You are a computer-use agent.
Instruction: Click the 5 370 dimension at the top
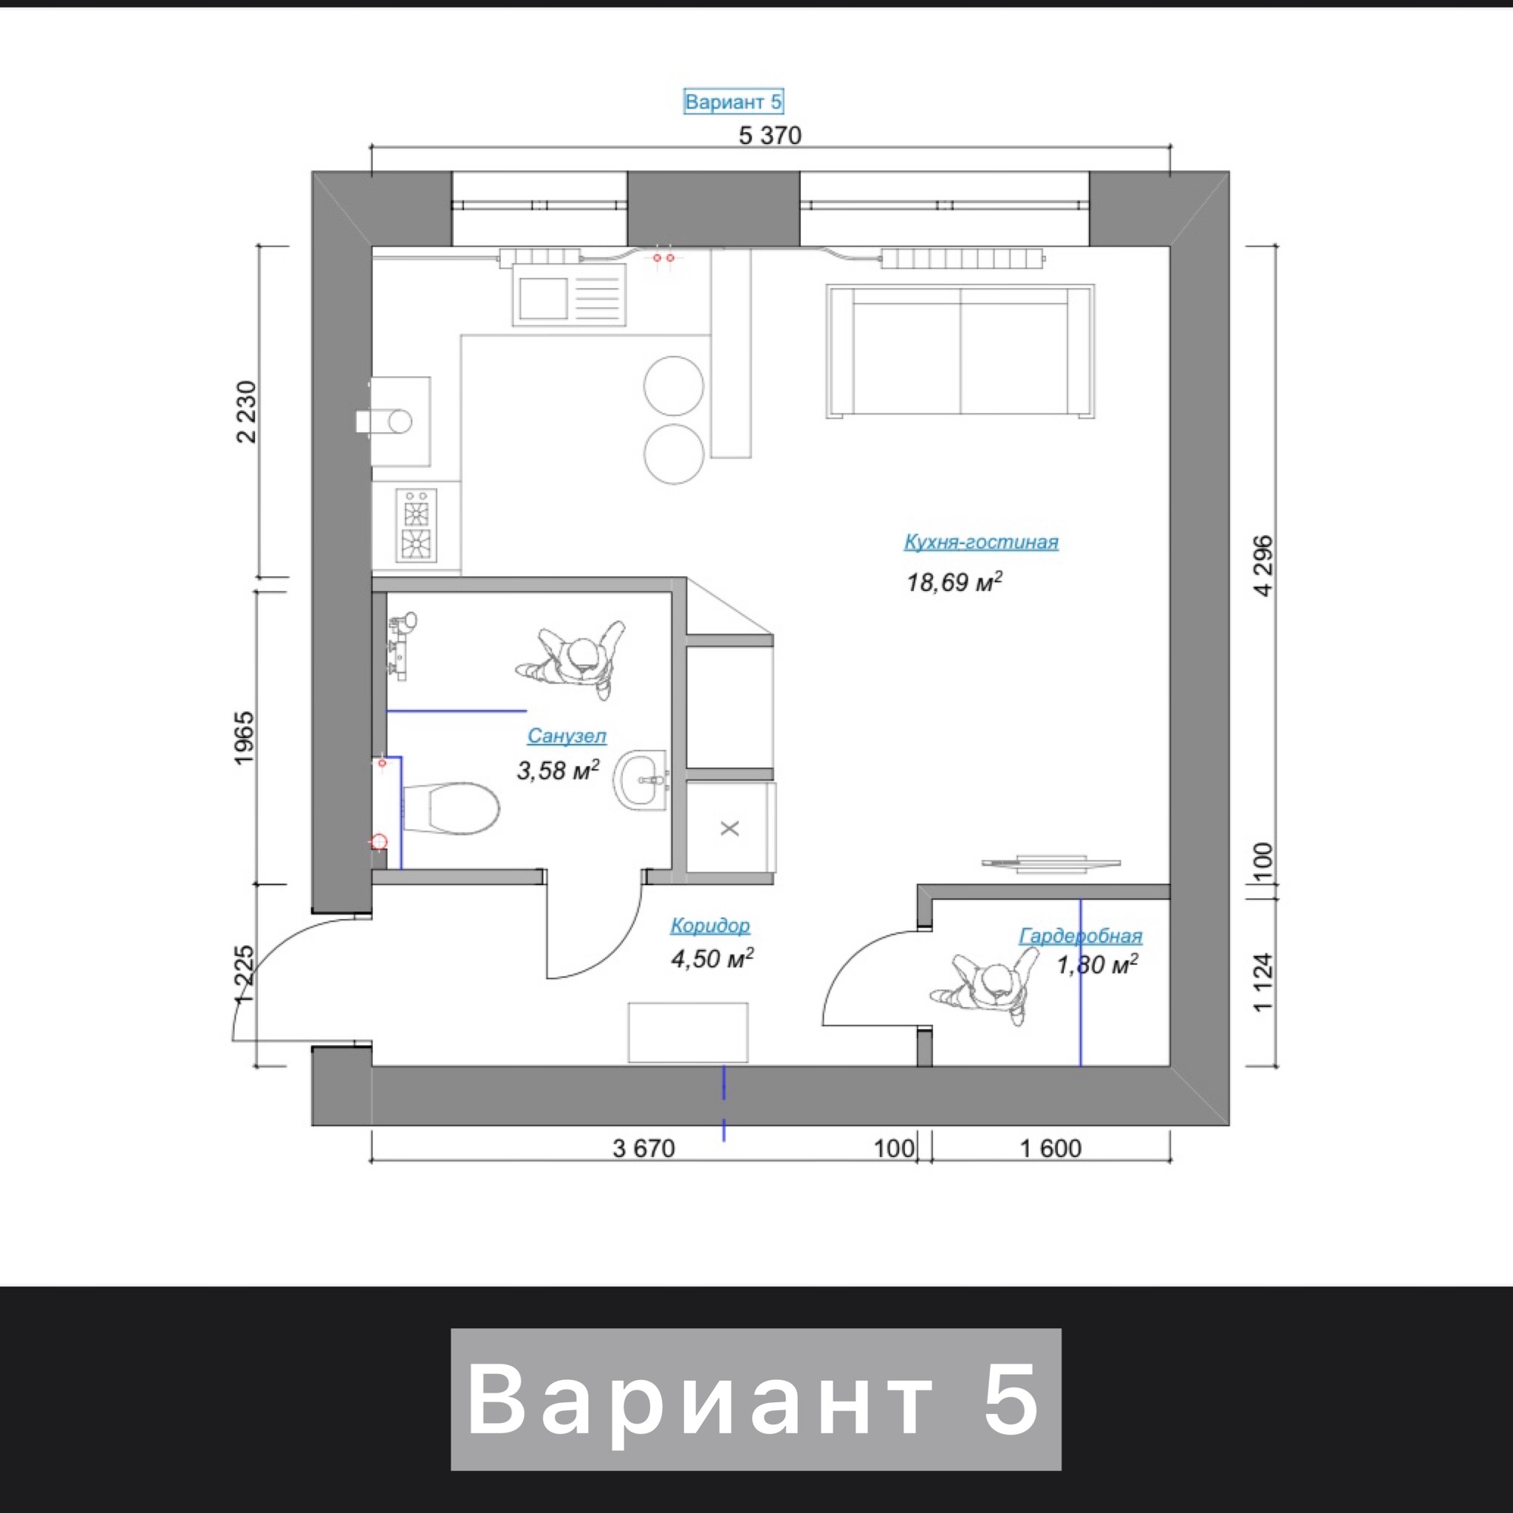click(770, 135)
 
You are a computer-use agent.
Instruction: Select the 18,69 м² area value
click(954, 582)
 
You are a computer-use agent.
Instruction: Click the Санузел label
click(567, 736)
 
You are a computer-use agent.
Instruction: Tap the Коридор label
click(710, 926)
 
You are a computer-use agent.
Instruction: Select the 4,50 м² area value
click(713, 958)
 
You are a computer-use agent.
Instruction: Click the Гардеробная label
click(1081, 936)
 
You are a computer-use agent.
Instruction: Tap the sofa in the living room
click(960, 351)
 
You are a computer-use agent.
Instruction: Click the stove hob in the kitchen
click(416, 526)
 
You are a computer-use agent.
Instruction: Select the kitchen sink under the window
click(570, 295)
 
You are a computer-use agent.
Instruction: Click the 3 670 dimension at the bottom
click(643, 1148)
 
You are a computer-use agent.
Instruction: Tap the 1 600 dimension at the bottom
click(1051, 1148)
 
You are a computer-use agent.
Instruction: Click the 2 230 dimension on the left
click(246, 412)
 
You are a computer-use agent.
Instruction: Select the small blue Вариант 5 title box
click(733, 102)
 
